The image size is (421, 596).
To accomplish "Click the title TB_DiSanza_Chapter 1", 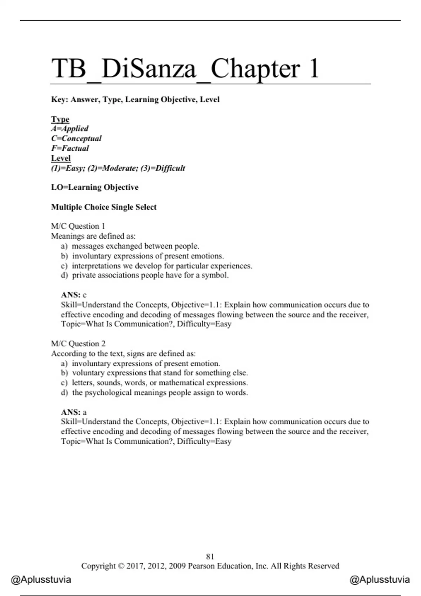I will [x=185, y=68].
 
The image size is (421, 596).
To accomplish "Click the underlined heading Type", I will [x=60, y=119].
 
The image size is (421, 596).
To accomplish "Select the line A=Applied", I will [x=69, y=129].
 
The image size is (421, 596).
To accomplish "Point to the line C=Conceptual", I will [x=76, y=138].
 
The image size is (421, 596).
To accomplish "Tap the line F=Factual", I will [x=70, y=148].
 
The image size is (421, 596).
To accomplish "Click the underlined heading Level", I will [x=61, y=158].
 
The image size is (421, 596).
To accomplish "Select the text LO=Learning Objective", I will [x=95, y=187].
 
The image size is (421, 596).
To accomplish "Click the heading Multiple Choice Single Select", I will [x=104, y=207].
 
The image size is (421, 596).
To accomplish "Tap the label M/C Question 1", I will [x=78, y=226].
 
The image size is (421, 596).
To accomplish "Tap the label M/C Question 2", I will [x=78, y=344].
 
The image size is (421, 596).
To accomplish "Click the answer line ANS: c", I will [x=74, y=295].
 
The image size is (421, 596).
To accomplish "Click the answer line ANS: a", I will [x=74, y=412].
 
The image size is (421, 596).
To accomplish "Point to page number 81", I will [x=210, y=556].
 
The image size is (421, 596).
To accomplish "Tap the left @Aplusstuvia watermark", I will [x=41, y=580].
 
